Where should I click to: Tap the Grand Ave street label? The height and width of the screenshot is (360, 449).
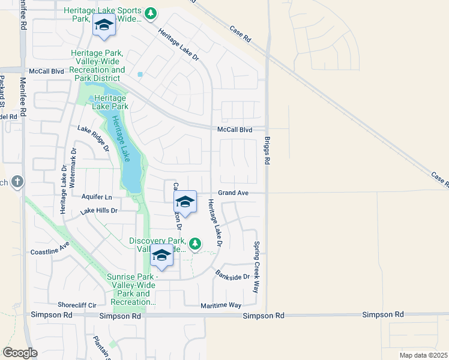[233, 193]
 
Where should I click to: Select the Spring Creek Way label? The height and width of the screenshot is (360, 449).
[256, 266]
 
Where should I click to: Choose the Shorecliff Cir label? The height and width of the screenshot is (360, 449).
[77, 305]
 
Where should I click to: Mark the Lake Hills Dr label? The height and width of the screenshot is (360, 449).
[98, 211]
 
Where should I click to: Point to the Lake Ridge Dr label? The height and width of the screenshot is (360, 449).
[94, 137]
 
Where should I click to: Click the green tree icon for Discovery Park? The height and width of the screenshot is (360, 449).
[194, 243]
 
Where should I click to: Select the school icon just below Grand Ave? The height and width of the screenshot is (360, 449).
[185, 202]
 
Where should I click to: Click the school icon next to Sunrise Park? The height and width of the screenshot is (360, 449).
[161, 256]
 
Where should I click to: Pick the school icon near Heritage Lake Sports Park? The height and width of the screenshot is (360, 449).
[103, 25]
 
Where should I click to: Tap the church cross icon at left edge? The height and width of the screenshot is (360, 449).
[17, 181]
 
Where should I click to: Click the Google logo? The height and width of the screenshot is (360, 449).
[20, 353]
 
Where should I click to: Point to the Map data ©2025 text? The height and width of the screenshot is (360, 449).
[423, 355]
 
